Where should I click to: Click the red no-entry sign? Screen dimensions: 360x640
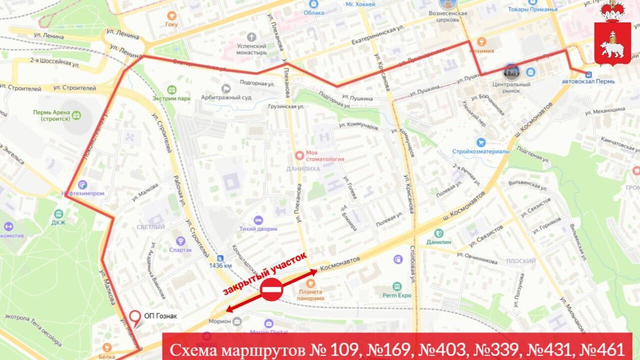coord(271,289)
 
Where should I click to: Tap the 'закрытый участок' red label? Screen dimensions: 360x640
coord(264,273)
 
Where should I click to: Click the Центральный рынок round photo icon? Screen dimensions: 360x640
coord(511,71)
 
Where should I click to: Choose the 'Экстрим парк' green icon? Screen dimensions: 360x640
coord(172,90)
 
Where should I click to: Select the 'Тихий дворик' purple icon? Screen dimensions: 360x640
coord(258,220)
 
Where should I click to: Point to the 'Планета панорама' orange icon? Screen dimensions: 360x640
coord(311,283)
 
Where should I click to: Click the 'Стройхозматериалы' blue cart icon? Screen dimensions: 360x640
coord(481,142)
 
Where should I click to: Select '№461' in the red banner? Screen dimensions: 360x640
coord(599,349)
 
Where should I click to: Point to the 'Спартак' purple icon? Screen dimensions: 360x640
coord(180,241)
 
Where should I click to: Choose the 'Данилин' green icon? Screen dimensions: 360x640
coord(438,233)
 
